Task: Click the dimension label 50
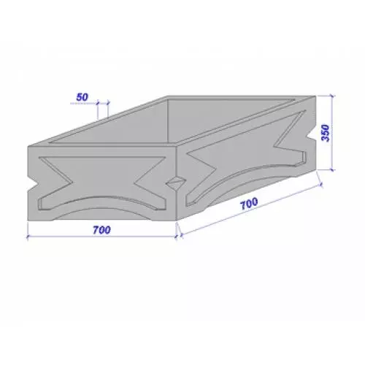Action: pyautogui.click(x=82, y=97)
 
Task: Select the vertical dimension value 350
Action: pyautogui.click(x=326, y=133)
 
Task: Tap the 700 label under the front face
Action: pyautogui.click(x=101, y=230)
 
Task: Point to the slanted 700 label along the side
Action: pyautogui.click(x=249, y=204)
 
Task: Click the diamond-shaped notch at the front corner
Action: pyautogui.click(x=176, y=182)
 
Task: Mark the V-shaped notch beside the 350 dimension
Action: pyautogui.click(x=312, y=134)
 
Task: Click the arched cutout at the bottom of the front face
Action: pyautogui.click(x=101, y=211)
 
